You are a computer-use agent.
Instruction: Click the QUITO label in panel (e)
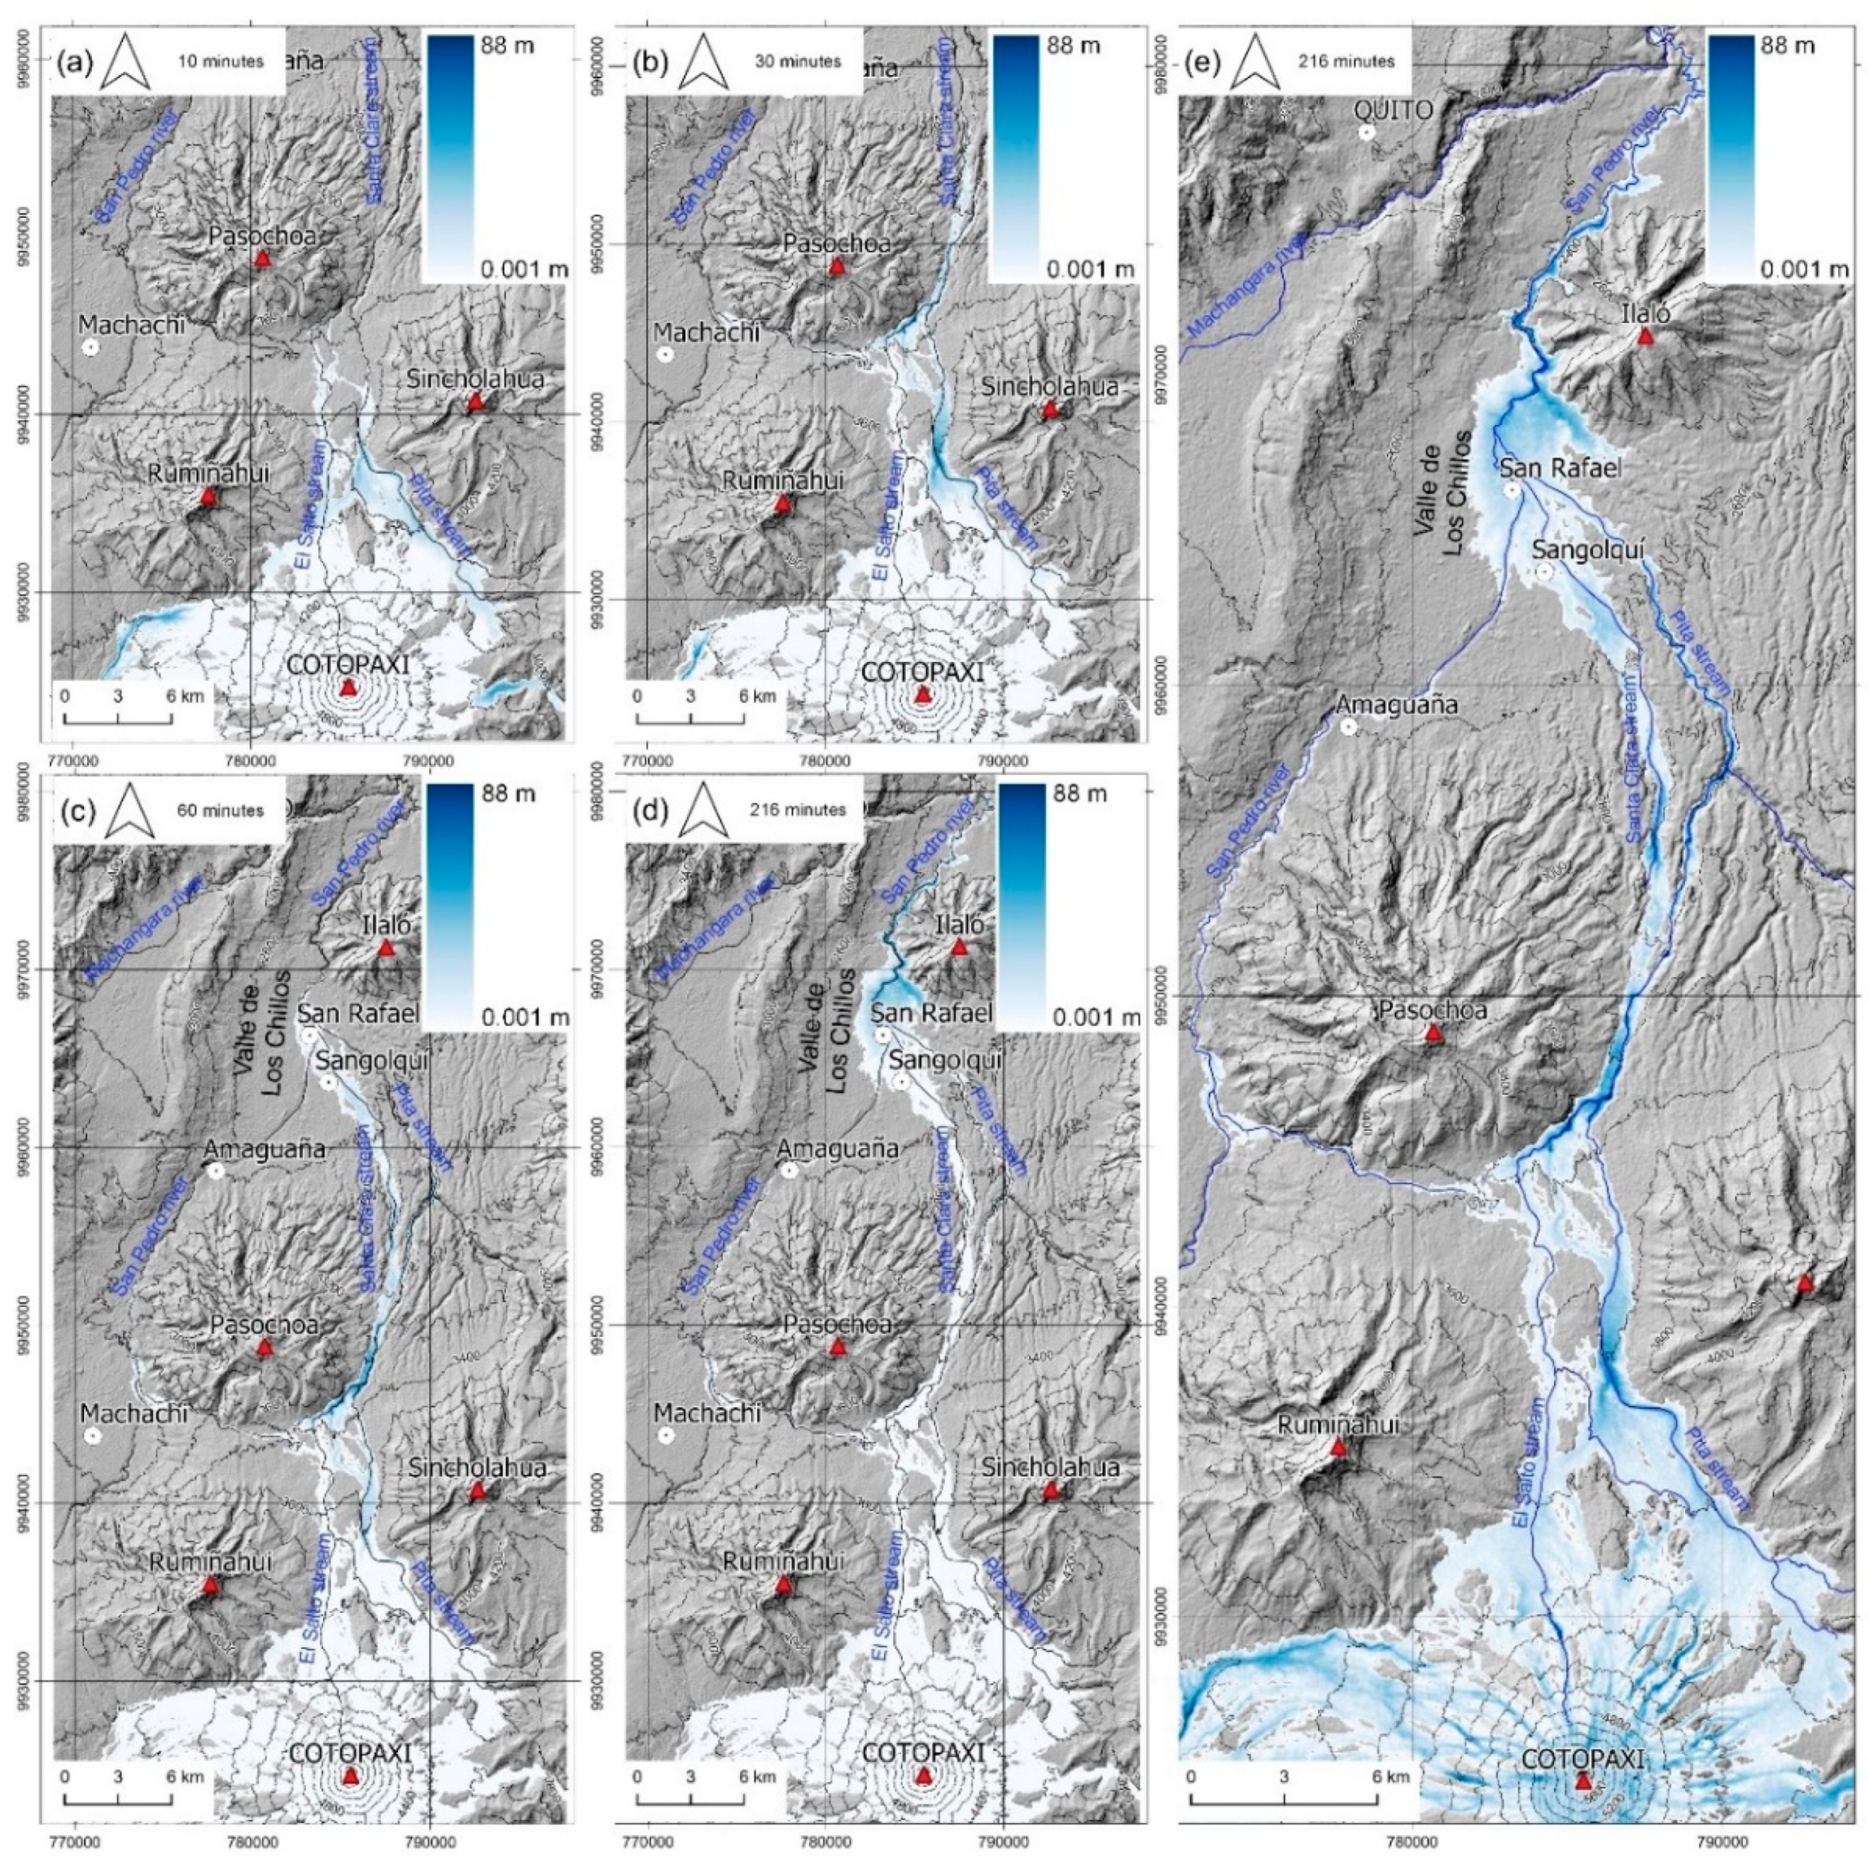(1394, 110)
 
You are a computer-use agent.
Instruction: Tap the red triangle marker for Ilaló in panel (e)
(1645, 337)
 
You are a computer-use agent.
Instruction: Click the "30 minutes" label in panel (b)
(797, 61)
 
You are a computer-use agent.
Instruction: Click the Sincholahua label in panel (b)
(1049, 387)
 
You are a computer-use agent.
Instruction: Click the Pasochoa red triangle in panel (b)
(838, 267)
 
